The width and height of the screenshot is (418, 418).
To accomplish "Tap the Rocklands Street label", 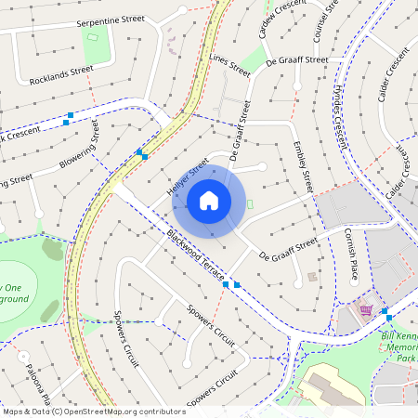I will pyautogui.click(x=61, y=73).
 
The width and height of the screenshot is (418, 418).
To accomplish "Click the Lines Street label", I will pyautogui.click(x=231, y=61).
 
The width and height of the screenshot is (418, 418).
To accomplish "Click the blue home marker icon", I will pyautogui.click(x=209, y=201).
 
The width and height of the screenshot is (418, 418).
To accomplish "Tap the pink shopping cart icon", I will pyautogui.click(x=367, y=310).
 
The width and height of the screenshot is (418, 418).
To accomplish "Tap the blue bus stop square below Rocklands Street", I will pyautogui.click(x=68, y=121).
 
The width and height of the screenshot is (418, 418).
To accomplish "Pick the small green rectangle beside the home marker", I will pyautogui.click(x=249, y=203).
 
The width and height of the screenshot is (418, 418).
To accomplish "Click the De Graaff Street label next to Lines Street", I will pyautogui.click(x=297, y=59).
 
